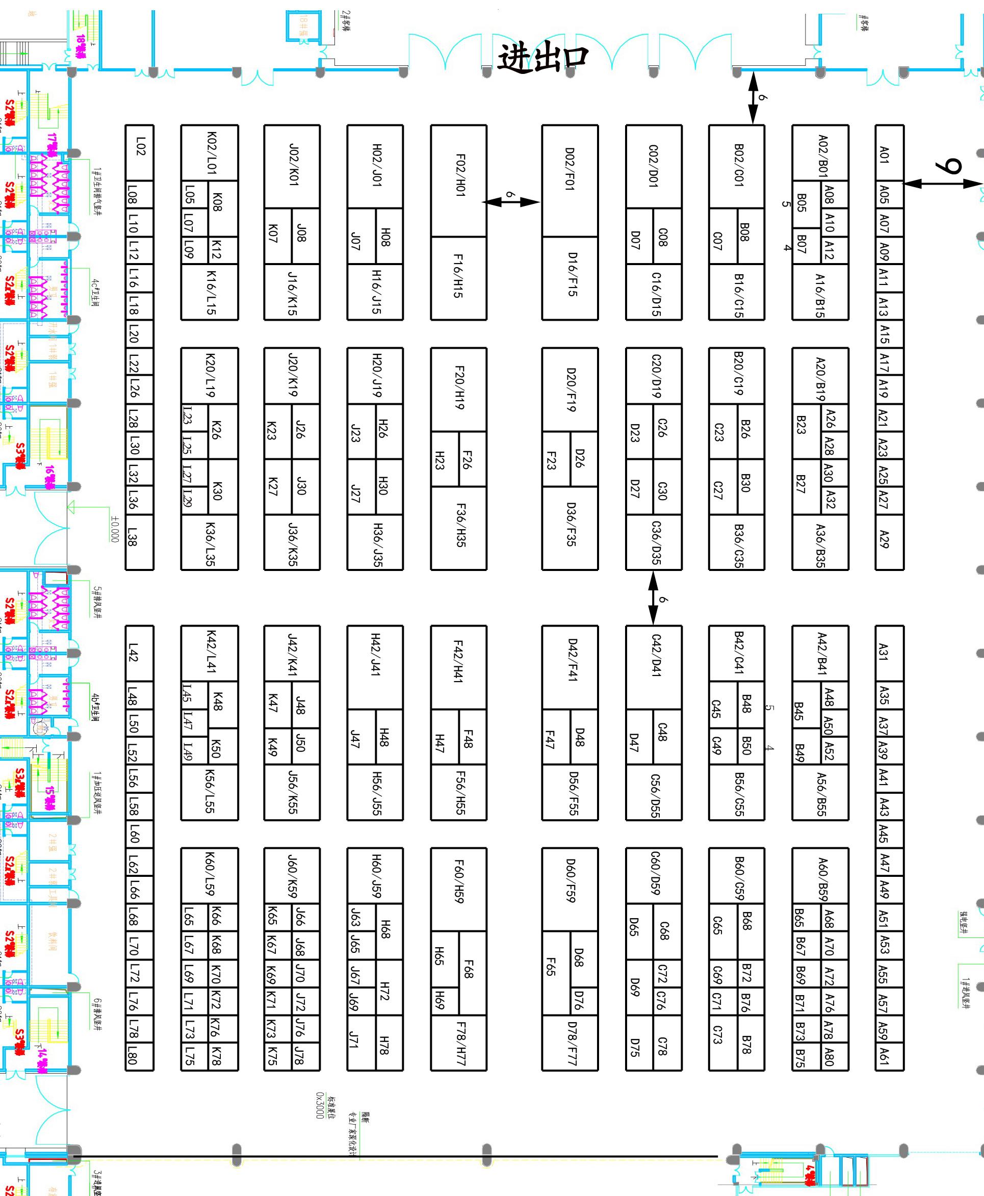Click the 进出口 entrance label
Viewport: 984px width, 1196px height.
tap(542, 58)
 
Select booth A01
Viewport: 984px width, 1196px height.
tap(889, 153)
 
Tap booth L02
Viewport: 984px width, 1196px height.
tap(139, 152)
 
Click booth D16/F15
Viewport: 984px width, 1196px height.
tap(569, 278)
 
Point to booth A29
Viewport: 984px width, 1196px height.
tap(889, 541)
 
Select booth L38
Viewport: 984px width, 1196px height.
tap(139, 541)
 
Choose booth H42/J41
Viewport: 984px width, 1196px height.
tap(375, 667)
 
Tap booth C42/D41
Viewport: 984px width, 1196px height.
tap(654, 667)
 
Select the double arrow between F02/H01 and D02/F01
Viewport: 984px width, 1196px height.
tap(512, 201)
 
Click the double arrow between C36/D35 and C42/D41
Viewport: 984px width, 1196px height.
tap(654, 597)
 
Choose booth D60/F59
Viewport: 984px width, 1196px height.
tap(569, 889)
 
